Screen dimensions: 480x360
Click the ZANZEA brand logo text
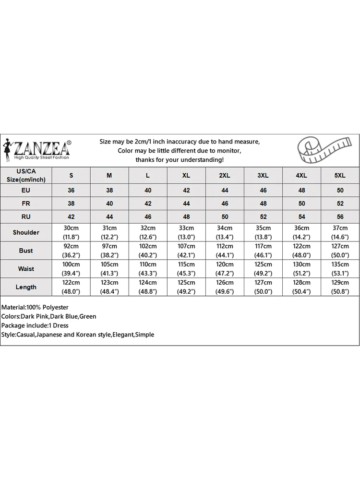click(x=42, y=146)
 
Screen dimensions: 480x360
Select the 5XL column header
click(x=340, y=176)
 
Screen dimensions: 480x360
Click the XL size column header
click(x=186, y=176)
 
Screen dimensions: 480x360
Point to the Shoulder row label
click(x=26, y=232)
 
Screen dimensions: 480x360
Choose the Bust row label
click(x=26, y=251)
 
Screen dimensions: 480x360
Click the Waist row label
click(x=26, y=269)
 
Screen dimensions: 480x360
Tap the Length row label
click(x=26, y=287)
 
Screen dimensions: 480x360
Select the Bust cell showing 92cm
click(x=71, y=251)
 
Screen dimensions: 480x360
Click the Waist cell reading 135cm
click(x=340, y=269)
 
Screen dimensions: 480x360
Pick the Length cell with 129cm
click(x=340, y=287)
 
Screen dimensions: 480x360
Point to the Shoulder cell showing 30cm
click(x=71, y=232)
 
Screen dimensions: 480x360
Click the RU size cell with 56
click(x=340, y=216)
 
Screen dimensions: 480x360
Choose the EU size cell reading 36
click(x=71, y=191)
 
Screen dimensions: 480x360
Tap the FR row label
click(x=26, y=204)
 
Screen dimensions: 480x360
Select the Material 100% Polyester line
click(x=35, y=307)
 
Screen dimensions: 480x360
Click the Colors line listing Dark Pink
click(x=49, y=316)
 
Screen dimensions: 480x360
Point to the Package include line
click(x=35, y=325)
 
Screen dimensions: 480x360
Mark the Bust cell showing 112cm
click(x=225, y=251)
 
